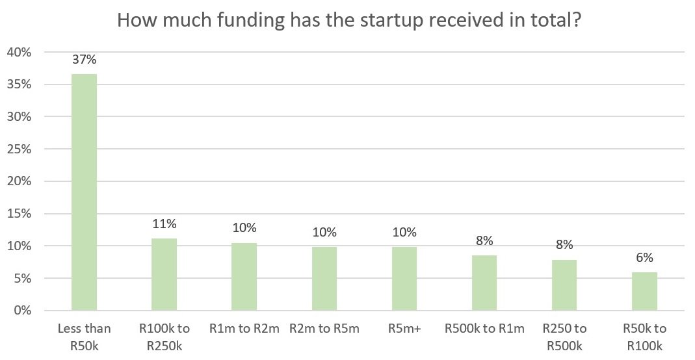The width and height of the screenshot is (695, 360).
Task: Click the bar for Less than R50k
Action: [x=85, y=192]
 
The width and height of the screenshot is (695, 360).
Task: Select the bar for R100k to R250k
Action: [x=164, y=274]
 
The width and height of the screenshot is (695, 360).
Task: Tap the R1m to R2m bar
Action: [x=244, y=277]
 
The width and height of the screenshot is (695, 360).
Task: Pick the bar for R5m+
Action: [x=404, y=279]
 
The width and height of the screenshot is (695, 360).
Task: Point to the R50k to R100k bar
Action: [x=644, y=291]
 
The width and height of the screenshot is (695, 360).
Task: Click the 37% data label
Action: [x=85, y=59]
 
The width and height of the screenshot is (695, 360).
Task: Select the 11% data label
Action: [x=164, y=224]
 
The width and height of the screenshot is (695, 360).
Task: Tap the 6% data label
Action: [x=644, y=258]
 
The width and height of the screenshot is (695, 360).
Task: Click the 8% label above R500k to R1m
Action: [x=484, y=240]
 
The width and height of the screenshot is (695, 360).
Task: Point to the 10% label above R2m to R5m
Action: [x=324, y=232]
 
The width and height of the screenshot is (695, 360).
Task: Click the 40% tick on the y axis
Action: [x=19, y=52]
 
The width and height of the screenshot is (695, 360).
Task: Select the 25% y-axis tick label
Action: [x=19, y=149]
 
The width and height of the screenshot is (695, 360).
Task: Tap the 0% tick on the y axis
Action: [x=23, y=311]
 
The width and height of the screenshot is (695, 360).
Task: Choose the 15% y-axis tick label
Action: [x=19, y=214]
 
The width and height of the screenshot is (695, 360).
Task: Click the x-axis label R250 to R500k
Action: [x=565, y=337]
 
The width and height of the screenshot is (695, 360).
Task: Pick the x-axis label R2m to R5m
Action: [x=324, y=329]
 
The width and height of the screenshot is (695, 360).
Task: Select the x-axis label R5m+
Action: [x=404, y=329]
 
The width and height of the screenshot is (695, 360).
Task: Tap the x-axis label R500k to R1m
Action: [x=484, y=329]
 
